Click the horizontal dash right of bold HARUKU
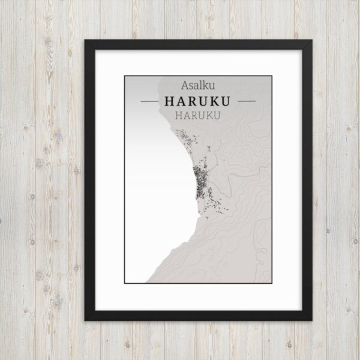tap(246, 101)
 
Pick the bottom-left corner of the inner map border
tap(125, 283)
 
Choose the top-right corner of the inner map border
tap(272, 76)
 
